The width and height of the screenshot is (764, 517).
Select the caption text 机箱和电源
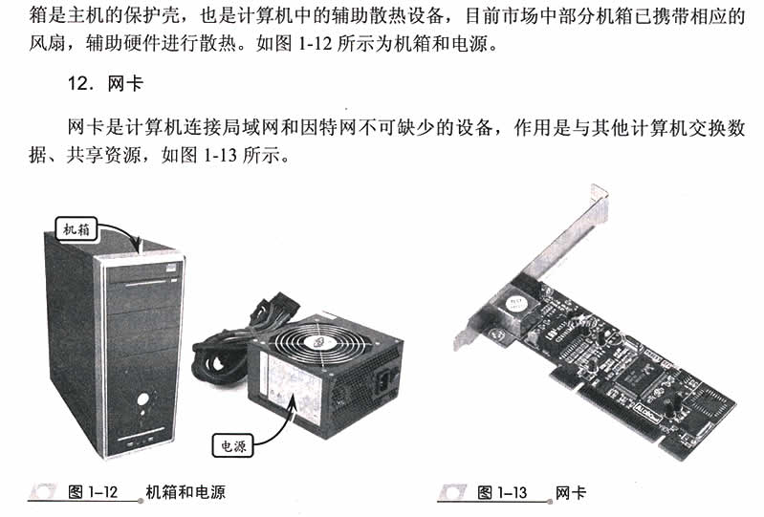pos(186,493)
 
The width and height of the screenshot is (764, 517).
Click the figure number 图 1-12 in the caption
pos(93,493)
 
